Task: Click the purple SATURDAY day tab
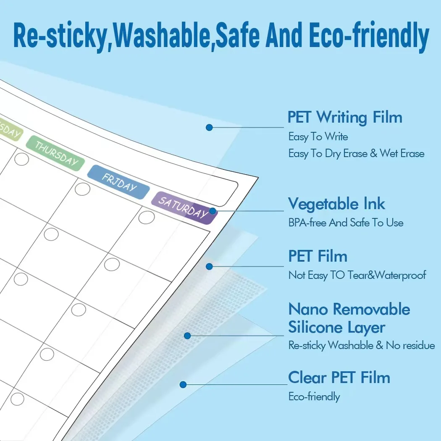tap(184, 207)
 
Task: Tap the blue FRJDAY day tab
tap(118, 181)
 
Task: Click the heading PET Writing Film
tap(344, 117)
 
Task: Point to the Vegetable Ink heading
tap(336, 204)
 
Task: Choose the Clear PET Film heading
tap(339, 377)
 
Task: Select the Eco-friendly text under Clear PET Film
tap(314, 396)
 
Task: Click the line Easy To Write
tap(318, 136)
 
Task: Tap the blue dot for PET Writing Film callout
tap(209, 127)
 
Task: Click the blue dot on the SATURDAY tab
tap(213, 211)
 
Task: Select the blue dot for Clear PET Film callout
tap(183, 384)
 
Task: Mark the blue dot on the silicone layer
tap(187, 336)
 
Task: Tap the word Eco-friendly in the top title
tap(369, 37)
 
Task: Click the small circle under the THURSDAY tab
tap(21, 159)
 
